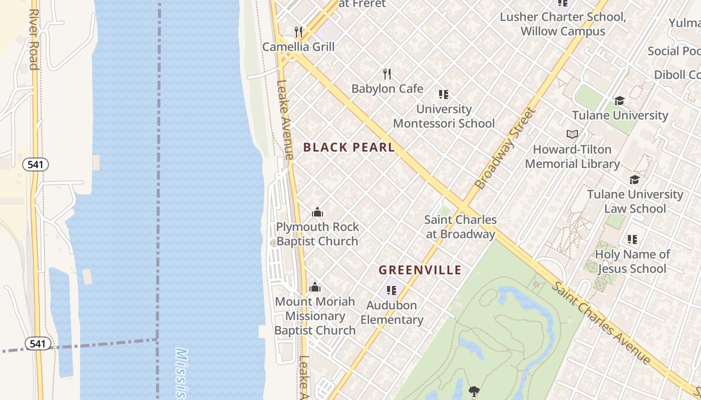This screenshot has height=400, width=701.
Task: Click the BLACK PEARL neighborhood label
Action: point(349,147)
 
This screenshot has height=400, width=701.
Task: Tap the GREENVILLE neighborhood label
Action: point(420,270)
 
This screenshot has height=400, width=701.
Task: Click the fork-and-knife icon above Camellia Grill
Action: point(298,32)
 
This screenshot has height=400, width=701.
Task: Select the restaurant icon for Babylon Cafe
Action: point(387,74)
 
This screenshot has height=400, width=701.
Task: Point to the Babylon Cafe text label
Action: point(387,89)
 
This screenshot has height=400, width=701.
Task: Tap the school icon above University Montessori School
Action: point(443,94)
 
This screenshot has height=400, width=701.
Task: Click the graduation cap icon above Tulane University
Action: point(619,101)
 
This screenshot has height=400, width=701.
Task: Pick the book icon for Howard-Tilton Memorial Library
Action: point(572,134)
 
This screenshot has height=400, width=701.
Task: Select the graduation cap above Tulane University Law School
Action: point(634,179)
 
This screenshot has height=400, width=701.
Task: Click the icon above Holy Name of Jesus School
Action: point(632,239)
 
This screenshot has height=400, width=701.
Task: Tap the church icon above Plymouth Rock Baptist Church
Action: point(317,212)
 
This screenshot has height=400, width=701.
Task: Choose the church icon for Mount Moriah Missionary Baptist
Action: point(314,287)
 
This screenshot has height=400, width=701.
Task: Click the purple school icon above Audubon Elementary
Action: point(392,290)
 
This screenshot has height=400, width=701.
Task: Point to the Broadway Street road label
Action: point(505,148)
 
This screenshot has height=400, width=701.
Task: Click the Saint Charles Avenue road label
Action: point(601,323)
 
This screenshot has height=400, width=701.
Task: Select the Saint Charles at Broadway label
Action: point(460,226)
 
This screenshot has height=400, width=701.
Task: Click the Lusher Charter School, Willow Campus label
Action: point(563,24)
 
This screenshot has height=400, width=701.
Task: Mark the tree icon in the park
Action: point(474,391)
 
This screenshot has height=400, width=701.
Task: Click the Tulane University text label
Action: point(620,115)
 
